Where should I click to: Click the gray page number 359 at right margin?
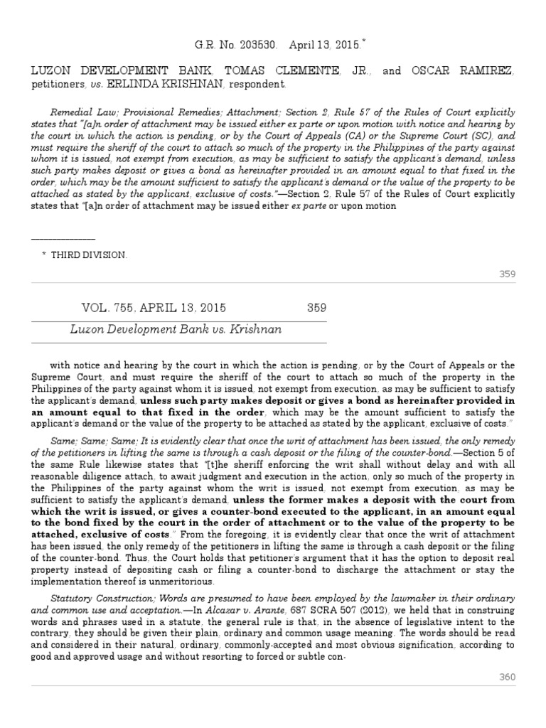(x=507, y=274)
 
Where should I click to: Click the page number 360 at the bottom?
(x=507, y=678)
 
